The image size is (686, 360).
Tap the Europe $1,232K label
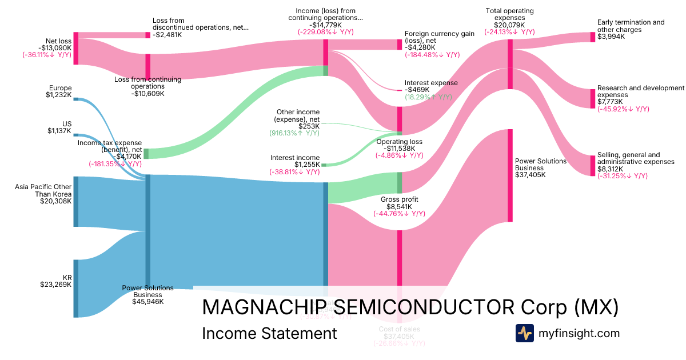tap(60, 91)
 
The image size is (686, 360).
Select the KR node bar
tap(76, 288)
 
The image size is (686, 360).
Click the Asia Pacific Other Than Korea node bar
tap(76, 202)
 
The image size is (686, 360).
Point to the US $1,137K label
tap(60, 127)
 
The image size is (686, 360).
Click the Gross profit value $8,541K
tap(399, 207)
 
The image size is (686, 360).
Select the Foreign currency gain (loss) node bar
tap(400, 45)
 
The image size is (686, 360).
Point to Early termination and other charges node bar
tap(593, 37)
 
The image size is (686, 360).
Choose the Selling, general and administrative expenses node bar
tap(593, 166)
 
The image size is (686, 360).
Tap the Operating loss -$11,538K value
tap(399, 148)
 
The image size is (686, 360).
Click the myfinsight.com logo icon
tap(525, 333)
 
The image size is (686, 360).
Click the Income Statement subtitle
tap(269, 333)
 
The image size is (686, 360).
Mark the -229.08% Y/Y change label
tap(325, 32)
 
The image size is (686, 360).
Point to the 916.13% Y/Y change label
tap(294, 133)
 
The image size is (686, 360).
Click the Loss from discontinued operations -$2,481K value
tap(167, 35)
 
